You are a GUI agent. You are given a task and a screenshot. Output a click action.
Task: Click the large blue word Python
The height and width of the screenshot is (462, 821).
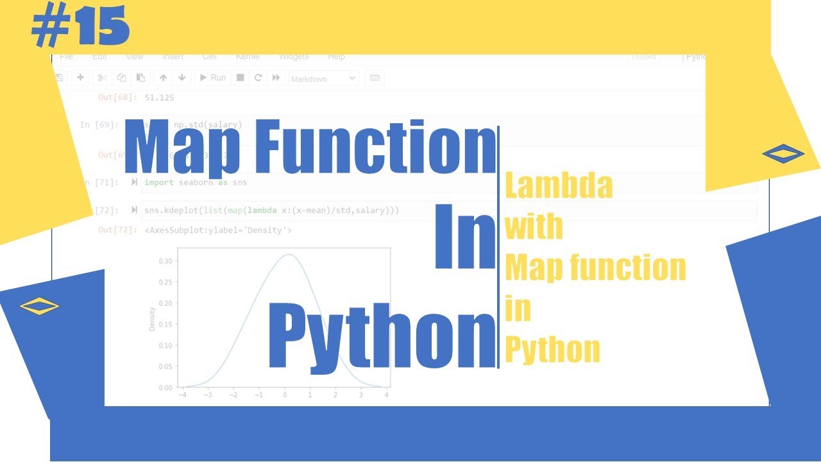(382, 335)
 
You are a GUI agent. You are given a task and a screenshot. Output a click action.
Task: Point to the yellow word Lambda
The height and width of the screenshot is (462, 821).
(559, 186)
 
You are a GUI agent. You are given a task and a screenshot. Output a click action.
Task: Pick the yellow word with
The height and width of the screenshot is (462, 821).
(534, 227)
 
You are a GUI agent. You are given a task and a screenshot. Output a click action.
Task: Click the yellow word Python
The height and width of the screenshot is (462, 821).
(552, 350)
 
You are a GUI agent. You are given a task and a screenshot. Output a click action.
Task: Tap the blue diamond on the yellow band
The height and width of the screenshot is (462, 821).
(783, 153)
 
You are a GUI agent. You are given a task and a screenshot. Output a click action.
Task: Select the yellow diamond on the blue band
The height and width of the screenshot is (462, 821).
(39, 305)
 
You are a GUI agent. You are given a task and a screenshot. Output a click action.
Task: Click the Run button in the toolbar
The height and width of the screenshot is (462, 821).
(212, 78)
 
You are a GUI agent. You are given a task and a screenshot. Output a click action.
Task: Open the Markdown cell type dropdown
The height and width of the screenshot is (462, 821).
(323, 78)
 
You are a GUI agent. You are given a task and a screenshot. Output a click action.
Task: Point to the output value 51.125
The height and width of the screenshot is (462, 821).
(160, 98)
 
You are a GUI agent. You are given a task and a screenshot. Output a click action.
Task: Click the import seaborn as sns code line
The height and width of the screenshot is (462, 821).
(196, 183)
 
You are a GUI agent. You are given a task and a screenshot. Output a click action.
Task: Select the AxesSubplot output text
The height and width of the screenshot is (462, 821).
(218, 230)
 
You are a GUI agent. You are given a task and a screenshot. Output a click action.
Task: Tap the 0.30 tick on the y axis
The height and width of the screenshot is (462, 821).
(165, 261)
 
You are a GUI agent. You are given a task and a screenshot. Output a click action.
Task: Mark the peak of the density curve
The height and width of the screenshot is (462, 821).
(288, 255)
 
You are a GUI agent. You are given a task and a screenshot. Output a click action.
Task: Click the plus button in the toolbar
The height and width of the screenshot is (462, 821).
(80, 78)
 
